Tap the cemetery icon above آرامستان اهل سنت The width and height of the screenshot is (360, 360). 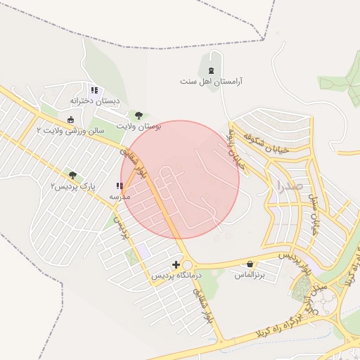[212, 70]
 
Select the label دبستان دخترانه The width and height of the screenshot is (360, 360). [94, 101]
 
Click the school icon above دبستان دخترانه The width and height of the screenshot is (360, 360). [94, 90]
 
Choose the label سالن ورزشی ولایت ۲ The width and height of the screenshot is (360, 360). [71, 130]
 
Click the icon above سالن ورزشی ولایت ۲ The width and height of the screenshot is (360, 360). [71, 119]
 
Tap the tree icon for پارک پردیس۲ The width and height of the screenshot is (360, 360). [72, 174]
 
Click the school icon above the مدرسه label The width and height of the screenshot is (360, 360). [120, 186]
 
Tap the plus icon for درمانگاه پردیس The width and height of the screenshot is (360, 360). [176, 264]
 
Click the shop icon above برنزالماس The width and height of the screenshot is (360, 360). [250, 264]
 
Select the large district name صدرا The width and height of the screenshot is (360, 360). [290, 186]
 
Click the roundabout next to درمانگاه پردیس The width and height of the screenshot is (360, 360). [186, 264]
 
